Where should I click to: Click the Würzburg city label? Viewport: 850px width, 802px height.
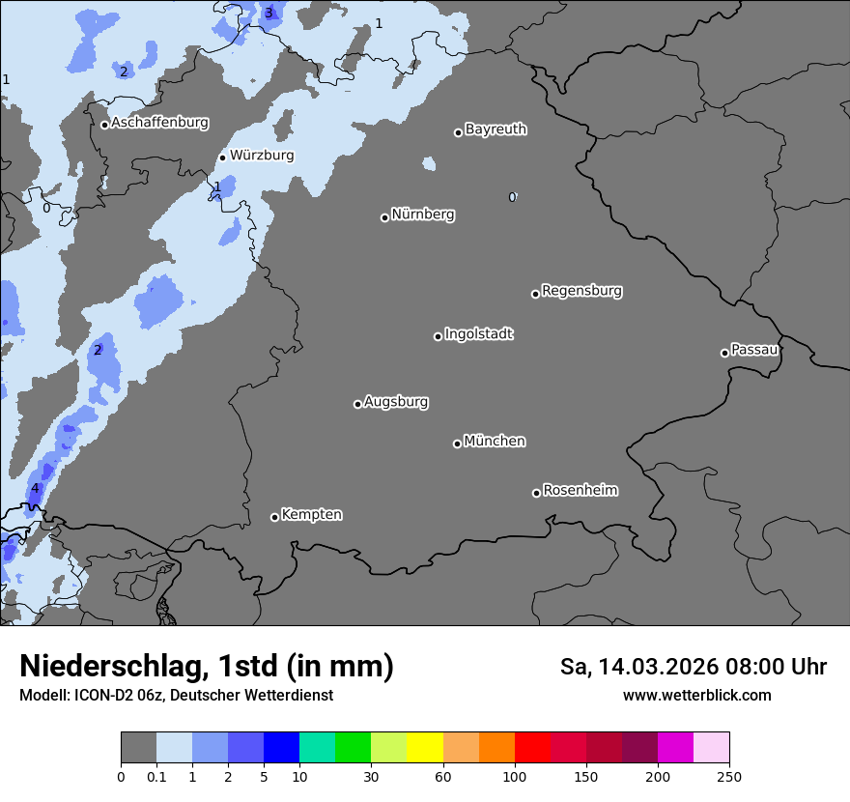click(x=262, y=155)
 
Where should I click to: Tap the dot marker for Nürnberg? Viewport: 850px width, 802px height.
click(x=384, y=217)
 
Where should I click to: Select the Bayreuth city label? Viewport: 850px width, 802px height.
click(x=496, y=129)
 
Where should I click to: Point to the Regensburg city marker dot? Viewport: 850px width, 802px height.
click(x=535, y=294)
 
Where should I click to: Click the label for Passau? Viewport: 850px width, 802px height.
click(x=754, y=349)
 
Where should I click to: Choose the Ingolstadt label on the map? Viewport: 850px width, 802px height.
click(x=478, y=333)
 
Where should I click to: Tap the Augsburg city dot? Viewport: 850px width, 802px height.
click(x=357, y=404)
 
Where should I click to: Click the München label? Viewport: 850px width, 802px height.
click(x=495, y=441)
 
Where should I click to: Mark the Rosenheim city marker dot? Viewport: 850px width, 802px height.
click(x=536, y=494)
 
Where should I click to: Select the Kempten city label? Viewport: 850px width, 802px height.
click(x=311, y=514)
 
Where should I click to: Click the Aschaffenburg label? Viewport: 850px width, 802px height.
click(x=159, y=123)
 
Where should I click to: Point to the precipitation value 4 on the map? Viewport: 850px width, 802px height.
click(x=35, y=488)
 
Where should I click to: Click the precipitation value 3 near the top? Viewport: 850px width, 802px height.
click(x=269, y=13)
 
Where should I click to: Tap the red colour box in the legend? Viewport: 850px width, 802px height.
click(x=532, y=748)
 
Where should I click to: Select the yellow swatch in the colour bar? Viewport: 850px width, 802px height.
click(x=424, y=748)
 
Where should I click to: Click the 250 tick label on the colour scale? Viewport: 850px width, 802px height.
click(x=729, y=776)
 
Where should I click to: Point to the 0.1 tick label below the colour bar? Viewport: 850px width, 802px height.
click(x=156, y=776)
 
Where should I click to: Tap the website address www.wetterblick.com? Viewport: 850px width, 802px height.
click(x=696, y=695)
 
